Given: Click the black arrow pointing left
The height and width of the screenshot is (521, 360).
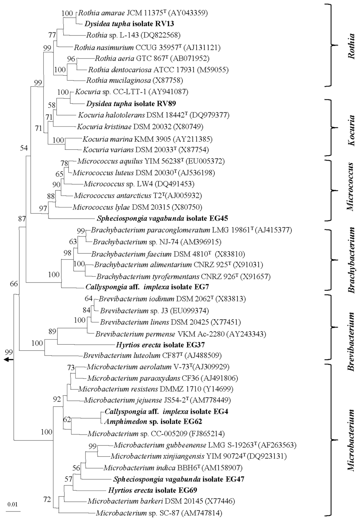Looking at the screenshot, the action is pyautogui.click(x=8, y=360).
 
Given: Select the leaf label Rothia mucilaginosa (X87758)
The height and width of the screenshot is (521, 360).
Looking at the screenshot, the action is pyautogui.click(x=134, y=80).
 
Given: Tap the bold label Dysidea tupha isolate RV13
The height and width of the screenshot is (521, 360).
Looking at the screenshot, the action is pyautogui.click(x=129, y=24).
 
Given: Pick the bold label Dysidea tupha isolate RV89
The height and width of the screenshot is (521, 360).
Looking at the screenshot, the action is pyautogui.click(x=131, y=104).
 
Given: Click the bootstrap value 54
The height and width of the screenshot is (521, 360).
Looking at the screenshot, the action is pyautogui.click(x=24, y=148).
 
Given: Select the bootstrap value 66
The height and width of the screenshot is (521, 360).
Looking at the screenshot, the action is pyautogui.click(x=14, y=284).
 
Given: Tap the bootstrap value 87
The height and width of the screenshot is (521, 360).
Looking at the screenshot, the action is pyautogui.click(x=22, y=219).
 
